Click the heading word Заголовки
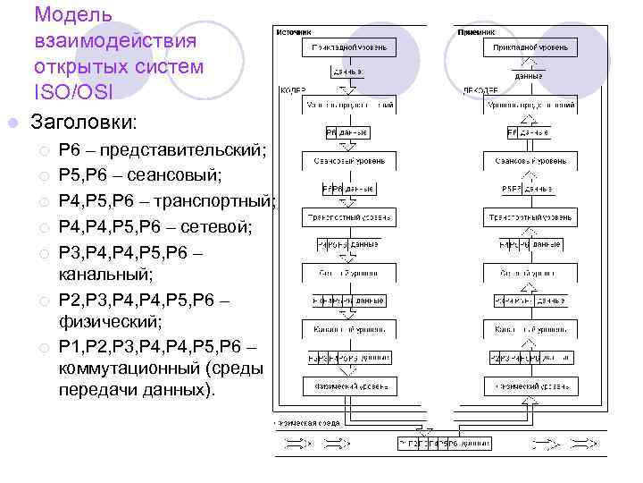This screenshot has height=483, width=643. click(x=85, y=121)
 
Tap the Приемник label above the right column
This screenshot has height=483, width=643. click(x=476, y=30)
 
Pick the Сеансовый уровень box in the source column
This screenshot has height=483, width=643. click(x=350, y=162)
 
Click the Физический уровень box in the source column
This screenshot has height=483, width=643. click(x=350, y=388)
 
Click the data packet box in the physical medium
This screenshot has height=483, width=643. click(x=444, y=443)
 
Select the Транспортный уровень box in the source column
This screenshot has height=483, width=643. click(x=350, y=217)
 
